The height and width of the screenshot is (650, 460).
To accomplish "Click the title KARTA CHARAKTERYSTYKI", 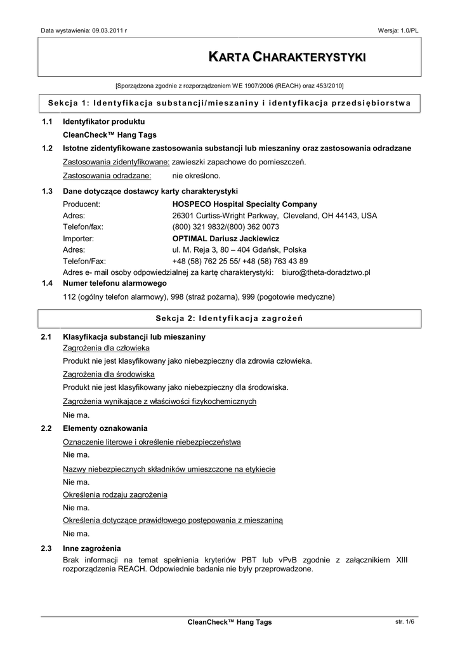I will [x=287, y=57].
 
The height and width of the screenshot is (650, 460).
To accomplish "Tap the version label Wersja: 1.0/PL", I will [x=398, y=30].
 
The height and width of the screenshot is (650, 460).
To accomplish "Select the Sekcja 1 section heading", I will [x=229, y=103].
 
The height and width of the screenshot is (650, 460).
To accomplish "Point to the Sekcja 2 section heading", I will [x=229, y=318].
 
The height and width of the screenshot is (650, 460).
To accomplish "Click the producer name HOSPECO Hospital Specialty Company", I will [x=244, y=204].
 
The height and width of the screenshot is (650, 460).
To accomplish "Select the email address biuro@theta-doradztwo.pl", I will [x=325, y=272].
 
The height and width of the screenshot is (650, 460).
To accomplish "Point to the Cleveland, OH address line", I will [x=274, y=216].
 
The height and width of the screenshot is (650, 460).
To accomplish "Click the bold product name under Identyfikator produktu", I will [x=110, y=135].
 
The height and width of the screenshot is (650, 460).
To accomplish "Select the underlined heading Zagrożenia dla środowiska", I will [x=108, y=374].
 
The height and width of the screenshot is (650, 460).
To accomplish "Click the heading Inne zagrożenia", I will [x=92, y=548].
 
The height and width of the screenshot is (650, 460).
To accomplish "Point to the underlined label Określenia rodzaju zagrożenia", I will [x=115, y=494].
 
